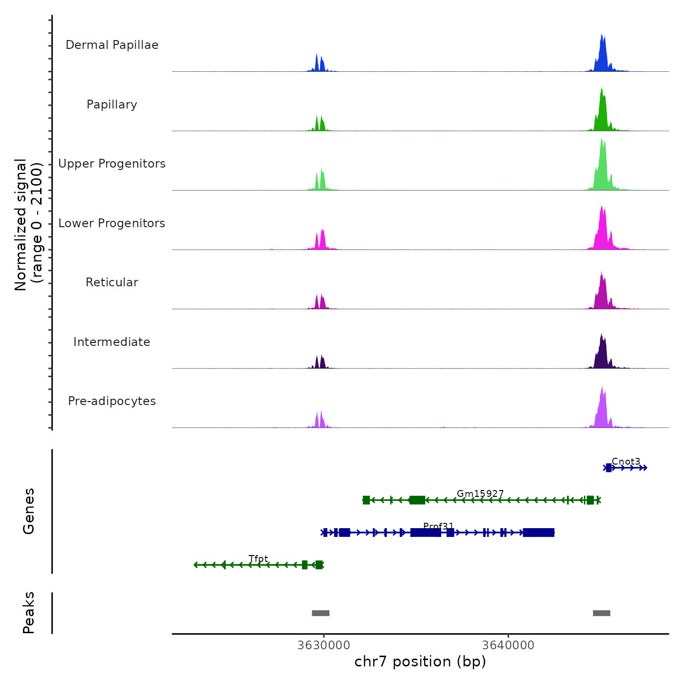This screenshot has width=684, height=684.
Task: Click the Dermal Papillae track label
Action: pyautogui.click(x=112, y=45)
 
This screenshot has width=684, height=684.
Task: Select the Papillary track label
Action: pyautogui.click(x=112, y=105)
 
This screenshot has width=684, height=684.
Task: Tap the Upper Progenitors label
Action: pyautogui.click(x=112, y=164)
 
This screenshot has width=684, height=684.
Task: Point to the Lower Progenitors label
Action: pyautogui.click(x=112, y=223)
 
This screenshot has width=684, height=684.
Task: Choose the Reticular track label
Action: pyautogui.click(x=112, y=282)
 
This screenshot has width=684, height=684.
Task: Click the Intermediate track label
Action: pyautogui.click(x=112, y=342)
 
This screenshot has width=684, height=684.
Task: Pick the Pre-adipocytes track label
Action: pyautogui.click(x=112, y=401)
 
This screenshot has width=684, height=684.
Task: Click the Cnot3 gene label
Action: pyautogui.click(x=626, y=462)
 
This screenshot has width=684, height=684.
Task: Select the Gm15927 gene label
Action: pyautogui.click(x=480, y=494)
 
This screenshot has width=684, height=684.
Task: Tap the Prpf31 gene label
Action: pyautogui.click(x=438, y=526)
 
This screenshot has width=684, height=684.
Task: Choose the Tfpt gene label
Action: pyautogui.click(x=258, y=559)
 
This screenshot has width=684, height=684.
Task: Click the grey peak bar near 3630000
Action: pyautogui.click(x=321, y=613)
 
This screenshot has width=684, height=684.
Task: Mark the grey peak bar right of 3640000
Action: pyautogui.click(x=601, y=613)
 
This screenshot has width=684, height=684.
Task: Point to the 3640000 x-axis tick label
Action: pyautogui.click(x=508, y=645)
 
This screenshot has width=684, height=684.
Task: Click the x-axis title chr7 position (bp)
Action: pyautogui.click(x=420, y=662)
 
